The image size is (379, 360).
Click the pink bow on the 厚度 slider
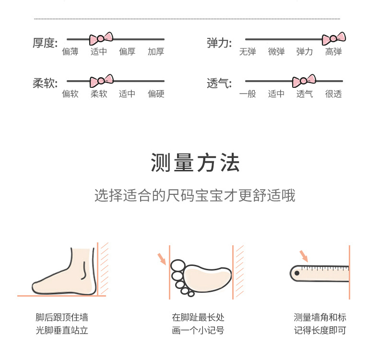[101, 38]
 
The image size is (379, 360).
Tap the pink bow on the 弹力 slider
[333, 38]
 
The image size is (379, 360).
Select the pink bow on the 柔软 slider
[101, 81]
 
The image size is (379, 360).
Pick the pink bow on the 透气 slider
[304, 81]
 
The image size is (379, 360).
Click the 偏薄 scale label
[70, 52]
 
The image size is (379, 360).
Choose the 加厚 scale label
[156, 52]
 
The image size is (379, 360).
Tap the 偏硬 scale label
[156, 94]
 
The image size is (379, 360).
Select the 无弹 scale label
[248, 52]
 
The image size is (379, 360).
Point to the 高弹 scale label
[333, 52]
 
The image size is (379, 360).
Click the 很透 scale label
[333, 94]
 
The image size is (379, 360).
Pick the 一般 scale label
[248, 94]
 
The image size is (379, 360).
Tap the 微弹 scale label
[276, 52]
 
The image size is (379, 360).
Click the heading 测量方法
[195, 163]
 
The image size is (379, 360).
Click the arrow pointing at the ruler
[304, 255]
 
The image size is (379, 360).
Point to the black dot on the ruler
[297, 273]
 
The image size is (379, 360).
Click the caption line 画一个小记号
[198, 330]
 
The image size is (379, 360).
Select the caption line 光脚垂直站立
[62, 330]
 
